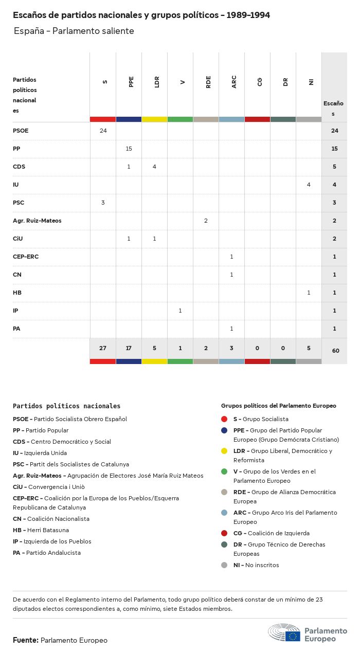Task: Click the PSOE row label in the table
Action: [21, 131]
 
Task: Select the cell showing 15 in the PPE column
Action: [129, 149]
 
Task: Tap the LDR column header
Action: [157, 82]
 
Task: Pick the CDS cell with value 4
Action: [154, 167]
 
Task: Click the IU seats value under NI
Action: [309, 185]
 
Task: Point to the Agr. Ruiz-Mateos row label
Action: [37, 221]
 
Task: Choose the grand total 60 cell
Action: [335, 351]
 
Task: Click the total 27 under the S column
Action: [103, 348]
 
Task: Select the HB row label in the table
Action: [17, 293]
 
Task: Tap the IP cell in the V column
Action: [180, 311]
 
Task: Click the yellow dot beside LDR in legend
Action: [224, 451]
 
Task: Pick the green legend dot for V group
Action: [224, 471]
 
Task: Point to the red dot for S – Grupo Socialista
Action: [224, 419]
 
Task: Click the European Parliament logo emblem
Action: [284, 633]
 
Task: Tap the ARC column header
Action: [234, 82]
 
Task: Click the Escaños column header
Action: [333, 108]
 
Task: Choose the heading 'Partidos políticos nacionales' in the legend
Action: [66, 406]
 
